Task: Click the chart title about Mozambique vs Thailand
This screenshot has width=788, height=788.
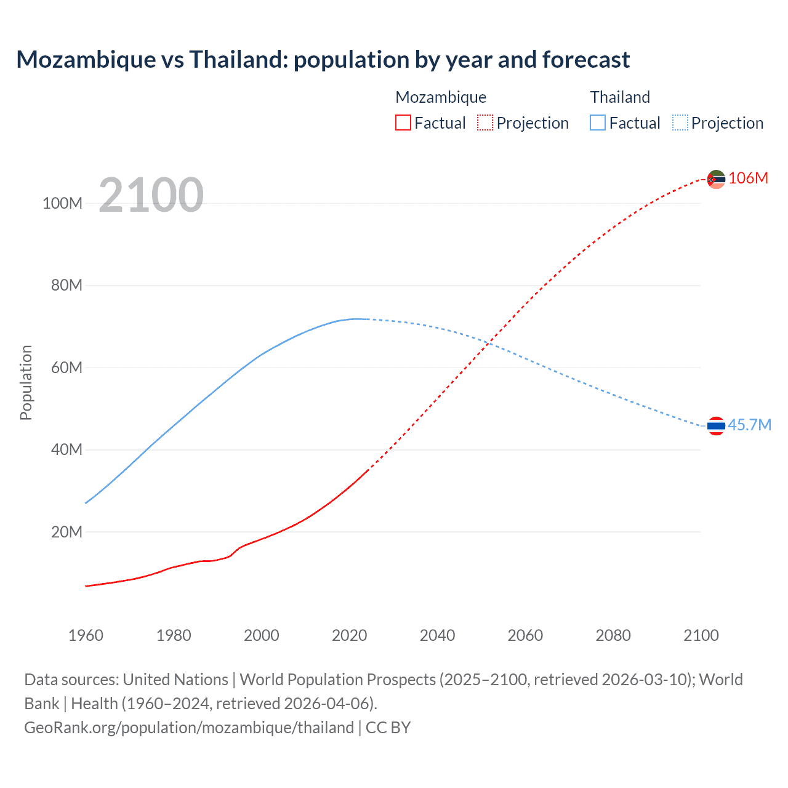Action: [x=323, y=60]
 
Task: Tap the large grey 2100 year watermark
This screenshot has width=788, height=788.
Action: [x=151, y=195]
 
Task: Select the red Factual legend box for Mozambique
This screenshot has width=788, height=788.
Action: [x=403, y=123]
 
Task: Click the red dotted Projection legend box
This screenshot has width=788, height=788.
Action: [x=485, y=123]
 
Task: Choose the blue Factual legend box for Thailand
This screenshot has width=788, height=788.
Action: [x=598, y=123]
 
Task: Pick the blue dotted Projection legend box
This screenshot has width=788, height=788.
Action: [x=680, y=123]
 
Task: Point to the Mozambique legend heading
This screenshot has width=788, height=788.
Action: [x=441, y=97]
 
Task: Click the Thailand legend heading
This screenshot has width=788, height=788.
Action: [x=620, y=97]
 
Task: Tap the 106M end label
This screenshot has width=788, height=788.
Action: [x=748, y=179]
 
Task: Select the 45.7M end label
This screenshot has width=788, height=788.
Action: [x=749, y=425]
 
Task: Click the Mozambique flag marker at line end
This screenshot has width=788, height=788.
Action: [x=716, y=179]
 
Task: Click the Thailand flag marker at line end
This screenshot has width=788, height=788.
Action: [x=716, y=425]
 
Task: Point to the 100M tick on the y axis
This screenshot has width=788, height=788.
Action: [x=62, y=204]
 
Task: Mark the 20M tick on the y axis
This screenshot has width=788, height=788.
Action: [x=66, y=532]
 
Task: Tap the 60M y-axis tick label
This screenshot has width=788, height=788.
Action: [x=66, y=368]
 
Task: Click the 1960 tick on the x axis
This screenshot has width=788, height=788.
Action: [x=86, y=635]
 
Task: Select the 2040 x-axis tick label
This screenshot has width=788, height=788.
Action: [x=437, y=635]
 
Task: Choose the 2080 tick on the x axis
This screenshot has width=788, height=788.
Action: [x=613, y=635]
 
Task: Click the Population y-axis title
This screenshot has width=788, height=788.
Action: [x=26, y=382]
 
